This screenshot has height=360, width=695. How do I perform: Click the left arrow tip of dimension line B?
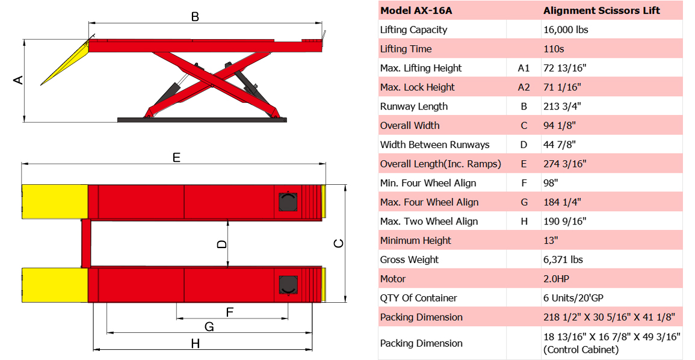tap(88, 22)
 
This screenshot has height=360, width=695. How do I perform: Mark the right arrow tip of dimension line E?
tap(326, 164)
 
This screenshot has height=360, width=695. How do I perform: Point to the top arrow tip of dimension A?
tap(24, 40)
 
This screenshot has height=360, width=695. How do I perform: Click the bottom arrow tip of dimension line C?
tap(345, 302)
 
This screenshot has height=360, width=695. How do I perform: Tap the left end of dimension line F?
tap(176, 318)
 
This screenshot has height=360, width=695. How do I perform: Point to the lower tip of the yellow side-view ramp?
tap(41, 85)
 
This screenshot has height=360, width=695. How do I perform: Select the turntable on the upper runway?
tap(287, 202)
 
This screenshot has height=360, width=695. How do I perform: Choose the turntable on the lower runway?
tap(288, 285)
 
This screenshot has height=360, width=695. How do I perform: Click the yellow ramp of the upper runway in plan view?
tap(55, 202)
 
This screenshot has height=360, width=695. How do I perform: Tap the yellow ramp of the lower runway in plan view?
tap(55, 285)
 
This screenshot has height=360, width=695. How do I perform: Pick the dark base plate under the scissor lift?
tap(202, 120)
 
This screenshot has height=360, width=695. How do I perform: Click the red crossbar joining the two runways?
tap(85, 243)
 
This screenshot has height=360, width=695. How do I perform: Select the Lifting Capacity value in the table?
tap(566, 29)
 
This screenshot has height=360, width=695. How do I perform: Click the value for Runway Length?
tap(562, 107)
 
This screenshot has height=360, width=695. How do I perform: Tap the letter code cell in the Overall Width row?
tap(524, 125)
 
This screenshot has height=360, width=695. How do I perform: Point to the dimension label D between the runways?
tap(222, 244)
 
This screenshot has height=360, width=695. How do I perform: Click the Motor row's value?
tap(556, 279)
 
